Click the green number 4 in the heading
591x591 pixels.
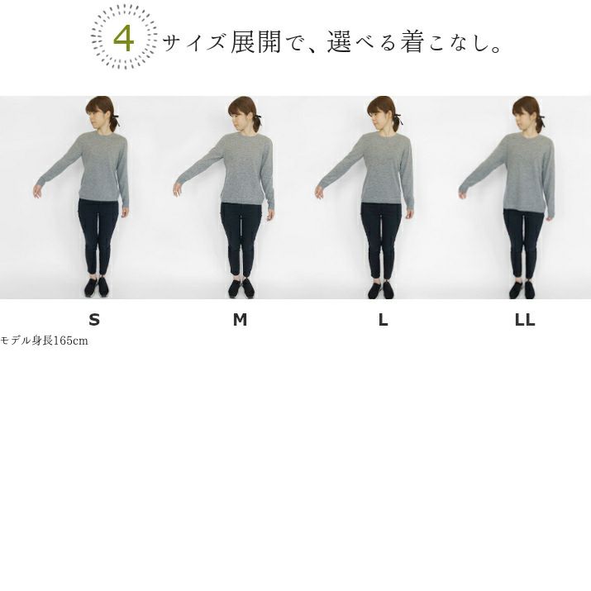coord(124,38)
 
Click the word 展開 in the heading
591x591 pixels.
coord(255,41)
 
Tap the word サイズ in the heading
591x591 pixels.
coord(194,42)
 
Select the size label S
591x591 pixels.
coord(94,320)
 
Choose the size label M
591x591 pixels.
coord(240,320)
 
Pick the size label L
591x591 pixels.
coord(383,320)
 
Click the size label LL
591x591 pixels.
coord(525,320)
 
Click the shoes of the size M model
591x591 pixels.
coord(241,288)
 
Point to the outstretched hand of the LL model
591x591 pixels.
coord(464,193)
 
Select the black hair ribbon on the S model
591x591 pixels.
coord(115,120)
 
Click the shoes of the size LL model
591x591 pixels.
coord(522,289)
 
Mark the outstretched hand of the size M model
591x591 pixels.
coord(178,189)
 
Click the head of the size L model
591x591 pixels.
coord(382,113)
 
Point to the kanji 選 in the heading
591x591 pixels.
coord(339,41)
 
